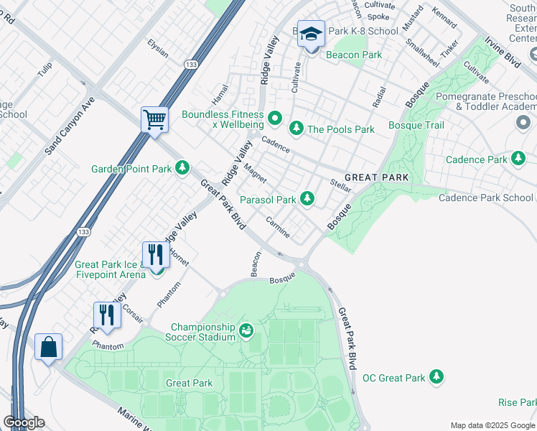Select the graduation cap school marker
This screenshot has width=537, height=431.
pos(311,34)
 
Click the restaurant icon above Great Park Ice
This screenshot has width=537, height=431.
pos(155,254)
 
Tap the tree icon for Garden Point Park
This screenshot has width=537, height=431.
pos(183,168)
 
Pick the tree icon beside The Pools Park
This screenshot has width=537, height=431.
pos(296,129)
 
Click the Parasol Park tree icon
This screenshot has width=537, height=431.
pos(307,198)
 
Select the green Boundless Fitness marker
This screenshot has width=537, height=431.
pos(274,117)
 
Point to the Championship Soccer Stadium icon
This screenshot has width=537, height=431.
pos(246,330)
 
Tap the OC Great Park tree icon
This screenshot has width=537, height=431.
pos(436,376)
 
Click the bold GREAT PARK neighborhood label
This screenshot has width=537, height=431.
pos(376,177)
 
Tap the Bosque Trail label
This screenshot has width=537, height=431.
pos(416,125)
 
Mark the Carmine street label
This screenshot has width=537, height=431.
pos(278,227)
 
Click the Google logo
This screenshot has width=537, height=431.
pos(24,422)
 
